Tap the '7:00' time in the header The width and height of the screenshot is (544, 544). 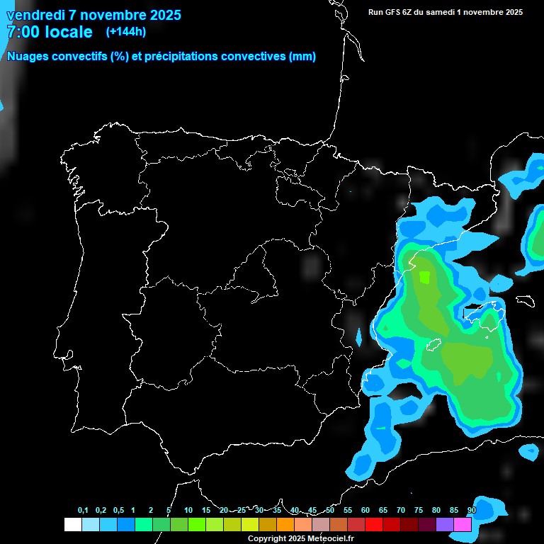click(x=21, y=32)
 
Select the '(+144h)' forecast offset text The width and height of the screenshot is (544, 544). click(x=125, y=31)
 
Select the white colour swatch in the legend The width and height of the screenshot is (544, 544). click(x=72, y=525)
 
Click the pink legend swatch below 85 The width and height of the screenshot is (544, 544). click(x=463, y=525)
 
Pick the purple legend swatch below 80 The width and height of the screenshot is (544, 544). click(x=445, y=525)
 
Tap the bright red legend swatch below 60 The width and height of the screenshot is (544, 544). click(x=374, y=525)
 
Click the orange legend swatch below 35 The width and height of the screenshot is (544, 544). click(x=285, y=525)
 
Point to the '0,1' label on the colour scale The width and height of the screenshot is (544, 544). click(x=83, y=511)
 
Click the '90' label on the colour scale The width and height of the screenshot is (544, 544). click(x=471, y=511)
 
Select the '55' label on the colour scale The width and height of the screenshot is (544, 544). click(x=348, y=511)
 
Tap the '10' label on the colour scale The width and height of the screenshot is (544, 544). click(x=188, y=511)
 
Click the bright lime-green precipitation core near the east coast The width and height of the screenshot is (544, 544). click(x=425, y=276)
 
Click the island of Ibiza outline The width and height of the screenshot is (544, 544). click(x=433, y=345)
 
